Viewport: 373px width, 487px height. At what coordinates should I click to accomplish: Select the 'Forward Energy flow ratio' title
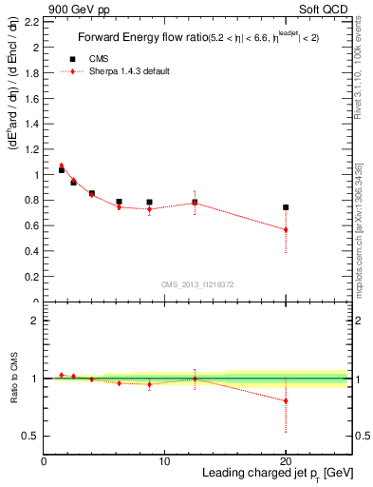click(x=140, y=38)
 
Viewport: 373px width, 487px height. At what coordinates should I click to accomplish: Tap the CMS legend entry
click(x=96, y=58)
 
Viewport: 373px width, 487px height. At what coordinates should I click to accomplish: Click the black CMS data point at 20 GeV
click(x=286, y=207)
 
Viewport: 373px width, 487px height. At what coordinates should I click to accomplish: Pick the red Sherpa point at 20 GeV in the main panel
click(x=286, y=229)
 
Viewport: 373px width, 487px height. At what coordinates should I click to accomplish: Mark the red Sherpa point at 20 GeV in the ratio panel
click(x=286, y=400)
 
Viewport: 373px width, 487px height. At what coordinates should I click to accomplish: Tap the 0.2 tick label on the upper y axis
click(x=32, y=277)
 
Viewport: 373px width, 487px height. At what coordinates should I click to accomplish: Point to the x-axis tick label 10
click(x=164, y=461)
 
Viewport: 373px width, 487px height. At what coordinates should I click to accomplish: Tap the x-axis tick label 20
click(x=286, y=461)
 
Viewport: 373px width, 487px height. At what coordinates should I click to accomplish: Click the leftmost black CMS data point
click(x=62, y=170)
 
